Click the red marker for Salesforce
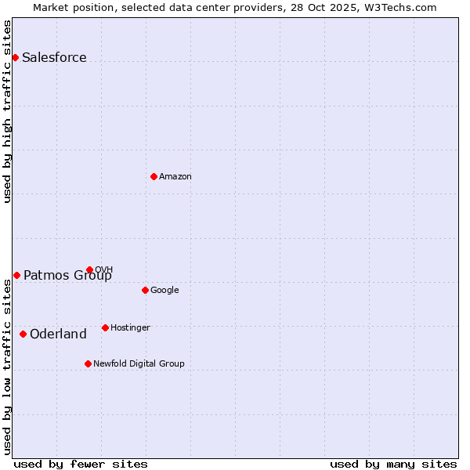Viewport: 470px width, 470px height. pos(15,57)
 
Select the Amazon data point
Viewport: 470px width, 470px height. pos(154,176)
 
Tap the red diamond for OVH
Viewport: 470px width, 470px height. pos(89,269)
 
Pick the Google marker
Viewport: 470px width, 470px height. pos(145,290)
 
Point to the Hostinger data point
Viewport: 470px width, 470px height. pos(105,327)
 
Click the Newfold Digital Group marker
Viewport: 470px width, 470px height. pos(88,363)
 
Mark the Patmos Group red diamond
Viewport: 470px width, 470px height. pos(16,275)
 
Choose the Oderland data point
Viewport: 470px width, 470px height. pos(23,334)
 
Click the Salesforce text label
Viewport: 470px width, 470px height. pos(54,57)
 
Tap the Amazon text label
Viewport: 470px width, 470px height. pos(175,176)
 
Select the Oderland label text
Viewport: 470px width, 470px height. pos(58,334)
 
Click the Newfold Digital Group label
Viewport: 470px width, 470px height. pos(139,363)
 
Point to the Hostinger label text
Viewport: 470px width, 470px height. pos(130,327)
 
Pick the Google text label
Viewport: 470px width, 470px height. pos(164,290)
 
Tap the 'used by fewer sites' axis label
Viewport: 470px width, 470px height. pos(81,464)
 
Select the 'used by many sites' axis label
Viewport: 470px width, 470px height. pos(393,464)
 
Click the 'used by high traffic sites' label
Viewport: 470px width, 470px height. pos(8,111)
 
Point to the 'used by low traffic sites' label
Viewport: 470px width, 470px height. pos(8,367)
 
